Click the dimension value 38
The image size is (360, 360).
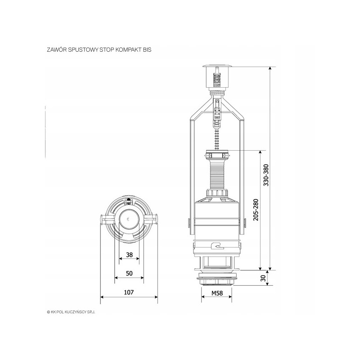coord(130,255)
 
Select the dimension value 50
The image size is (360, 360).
coord(129,274)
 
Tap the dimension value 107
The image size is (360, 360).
coord(129,292)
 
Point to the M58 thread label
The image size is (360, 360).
coord(217,293)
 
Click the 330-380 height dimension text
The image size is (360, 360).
coord(266,175)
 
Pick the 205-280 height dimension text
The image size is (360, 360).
coord(256,210)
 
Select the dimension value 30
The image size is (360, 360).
coord(264,278)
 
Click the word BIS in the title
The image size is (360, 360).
coord(148,50)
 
